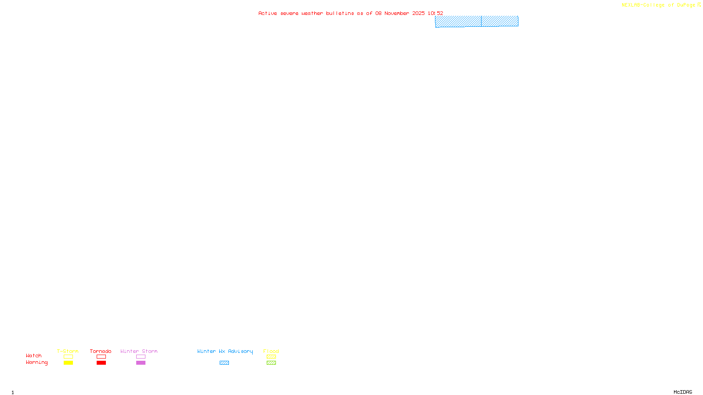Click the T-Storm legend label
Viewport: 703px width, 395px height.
68,351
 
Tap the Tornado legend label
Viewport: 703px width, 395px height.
101,351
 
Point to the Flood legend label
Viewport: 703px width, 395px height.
271,351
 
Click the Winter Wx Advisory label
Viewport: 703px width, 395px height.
225,351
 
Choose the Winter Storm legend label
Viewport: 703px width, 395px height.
139,351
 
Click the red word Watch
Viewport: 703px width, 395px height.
34,355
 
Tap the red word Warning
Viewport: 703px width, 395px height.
37,363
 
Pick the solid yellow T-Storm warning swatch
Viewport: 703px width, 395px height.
68,363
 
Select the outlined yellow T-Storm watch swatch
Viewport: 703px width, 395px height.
68,357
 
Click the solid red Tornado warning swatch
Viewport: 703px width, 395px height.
101,363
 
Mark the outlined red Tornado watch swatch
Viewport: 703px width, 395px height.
101,357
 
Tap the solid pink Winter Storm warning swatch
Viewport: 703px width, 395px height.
141,363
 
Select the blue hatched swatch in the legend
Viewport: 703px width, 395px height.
224,363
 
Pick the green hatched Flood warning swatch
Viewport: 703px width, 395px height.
271,363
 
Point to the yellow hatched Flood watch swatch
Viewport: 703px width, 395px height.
271,357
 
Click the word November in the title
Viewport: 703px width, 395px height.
397,13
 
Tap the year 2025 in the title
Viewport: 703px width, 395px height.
418,13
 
